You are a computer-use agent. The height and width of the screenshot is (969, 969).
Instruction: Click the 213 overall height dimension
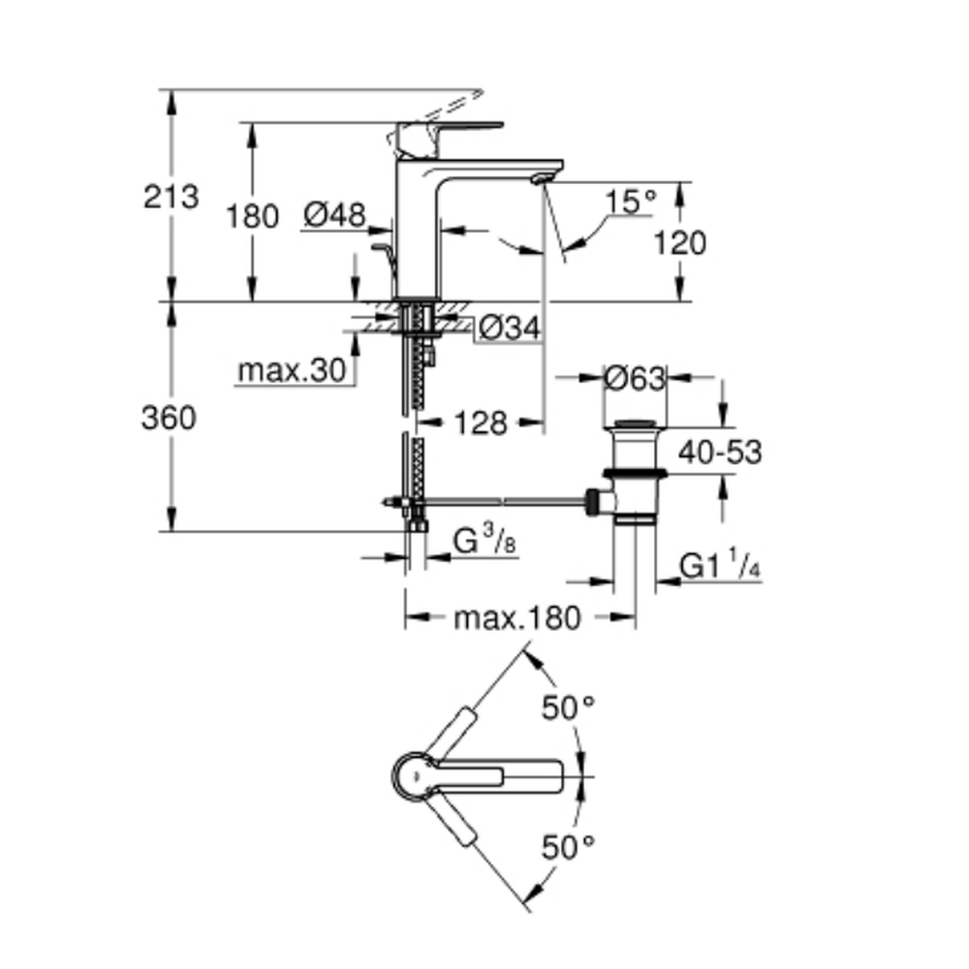coord(171,197)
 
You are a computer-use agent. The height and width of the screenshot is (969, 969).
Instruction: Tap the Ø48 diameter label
coord(332,215)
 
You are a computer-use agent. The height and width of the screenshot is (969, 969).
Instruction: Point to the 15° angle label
coord(631,202)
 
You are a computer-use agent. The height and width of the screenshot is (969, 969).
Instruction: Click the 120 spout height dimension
coord(678,242)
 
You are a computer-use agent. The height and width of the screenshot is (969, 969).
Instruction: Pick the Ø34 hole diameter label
coord(509,329)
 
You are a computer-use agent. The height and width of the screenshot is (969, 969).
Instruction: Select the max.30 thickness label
coord(292,371)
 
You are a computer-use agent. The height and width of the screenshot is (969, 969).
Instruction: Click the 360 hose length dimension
coord(169,419)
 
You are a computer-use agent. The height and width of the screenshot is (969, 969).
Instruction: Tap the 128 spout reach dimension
coord(481,422)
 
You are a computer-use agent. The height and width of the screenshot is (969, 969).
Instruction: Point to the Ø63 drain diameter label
coord(635,378)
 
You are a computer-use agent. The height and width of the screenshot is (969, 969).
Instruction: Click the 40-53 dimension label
coord(719,452)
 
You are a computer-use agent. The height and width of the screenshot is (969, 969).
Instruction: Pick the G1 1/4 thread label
coord(719,566)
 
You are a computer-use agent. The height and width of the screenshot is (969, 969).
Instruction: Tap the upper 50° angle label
coord(567,708)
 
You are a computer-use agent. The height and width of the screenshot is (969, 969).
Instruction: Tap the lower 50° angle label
coord(567,848)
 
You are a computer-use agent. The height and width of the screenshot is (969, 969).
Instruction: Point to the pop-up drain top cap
coord(635,424)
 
